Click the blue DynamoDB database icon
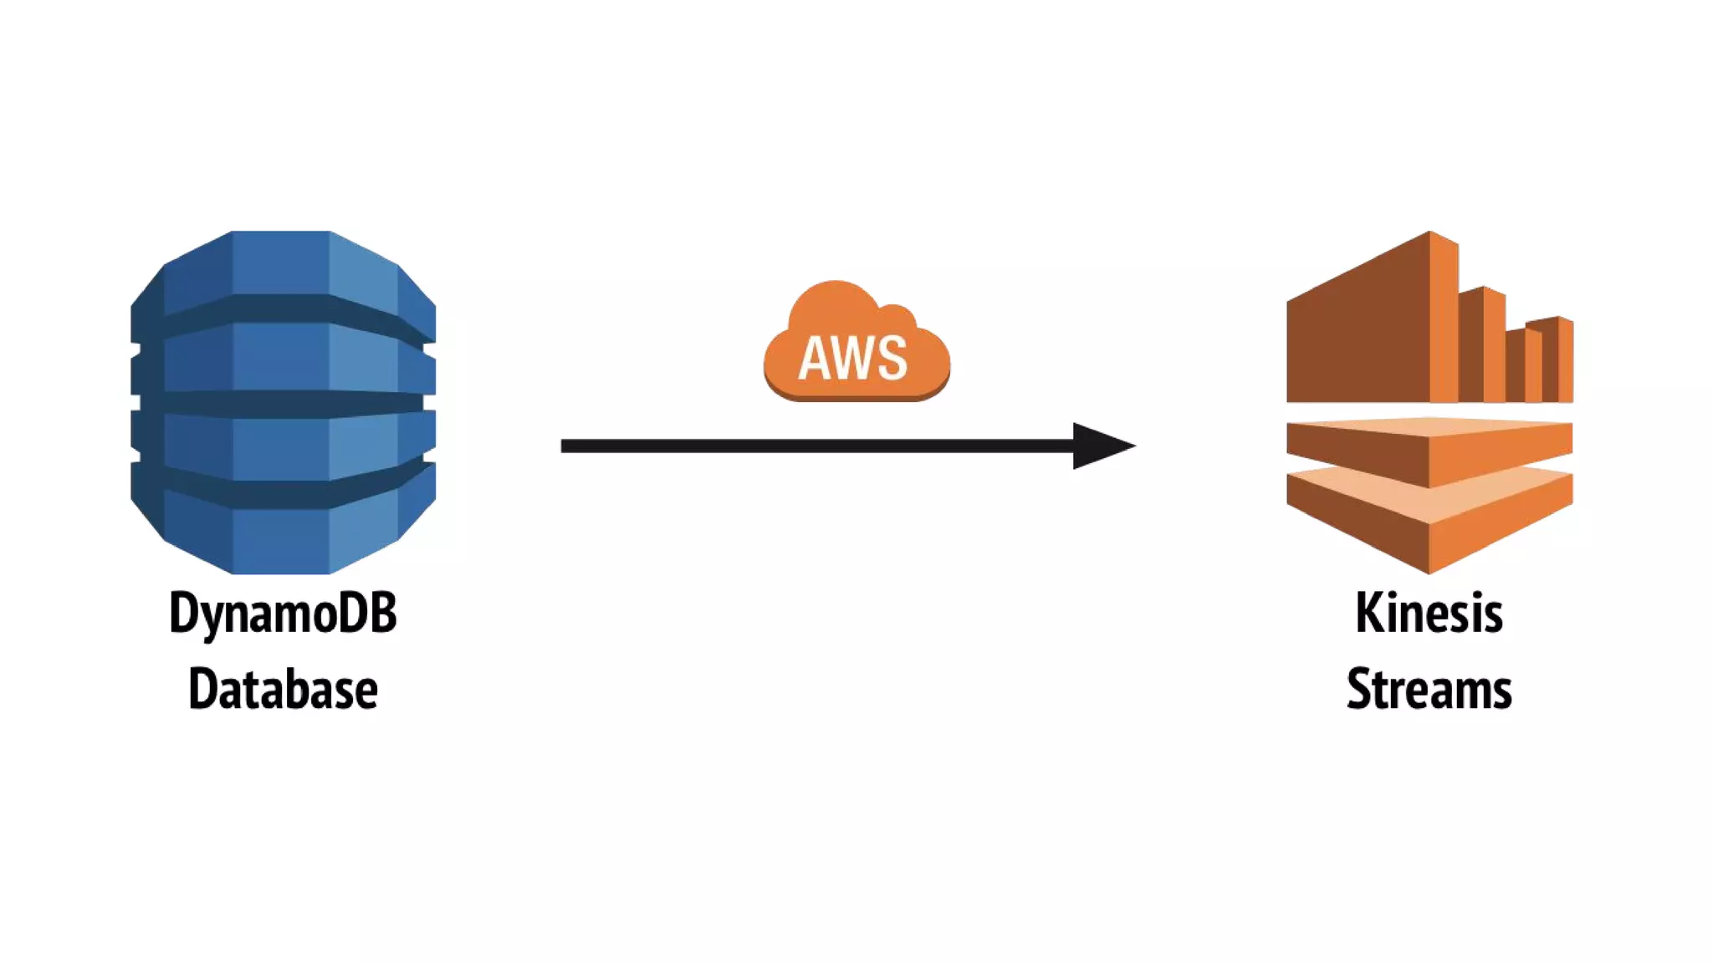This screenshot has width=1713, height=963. tap(283, 402)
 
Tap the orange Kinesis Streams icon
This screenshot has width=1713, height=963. tap(1429, 402)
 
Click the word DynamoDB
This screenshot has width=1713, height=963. tap(283, 614)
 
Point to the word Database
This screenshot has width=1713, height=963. tap(283, 690)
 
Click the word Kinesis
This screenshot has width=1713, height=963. tap(1429, 613)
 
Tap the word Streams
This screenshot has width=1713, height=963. tap(1429, 690)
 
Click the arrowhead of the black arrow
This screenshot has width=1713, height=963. tap(1100, 446)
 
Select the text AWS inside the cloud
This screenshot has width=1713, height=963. tap(852, 359)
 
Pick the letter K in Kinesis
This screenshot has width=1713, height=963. tap(1368, 613)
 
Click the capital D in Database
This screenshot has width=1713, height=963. tap(201, 690)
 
